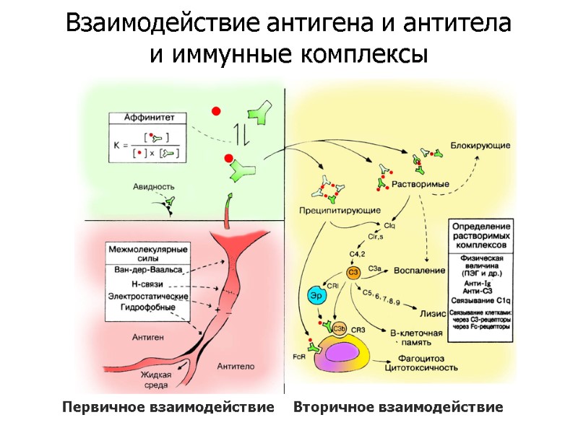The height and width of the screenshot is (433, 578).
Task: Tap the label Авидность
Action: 154,186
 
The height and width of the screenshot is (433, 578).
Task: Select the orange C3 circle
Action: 353,272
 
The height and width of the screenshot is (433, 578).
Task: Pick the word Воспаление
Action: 419,271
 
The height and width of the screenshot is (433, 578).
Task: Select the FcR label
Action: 298,357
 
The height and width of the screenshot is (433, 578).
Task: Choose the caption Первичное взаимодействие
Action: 168,408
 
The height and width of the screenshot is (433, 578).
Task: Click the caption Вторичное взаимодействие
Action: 398,408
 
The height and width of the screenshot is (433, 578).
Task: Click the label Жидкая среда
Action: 155,380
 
